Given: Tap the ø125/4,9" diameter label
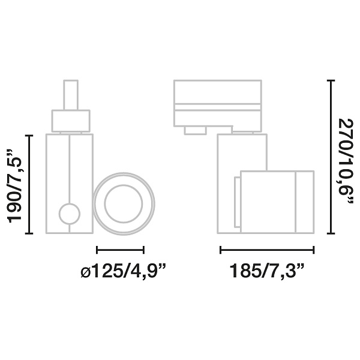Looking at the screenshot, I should (122, 272).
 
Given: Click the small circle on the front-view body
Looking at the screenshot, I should (69, 214).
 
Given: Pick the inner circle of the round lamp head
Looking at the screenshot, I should (124, 205).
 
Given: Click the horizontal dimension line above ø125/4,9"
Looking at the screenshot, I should (120, 250).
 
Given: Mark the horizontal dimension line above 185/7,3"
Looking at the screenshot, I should (267, 250).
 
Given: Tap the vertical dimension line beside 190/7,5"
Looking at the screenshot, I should (30, 185).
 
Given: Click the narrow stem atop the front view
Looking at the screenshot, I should (70, 95).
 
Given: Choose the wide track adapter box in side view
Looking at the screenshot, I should (217, 103).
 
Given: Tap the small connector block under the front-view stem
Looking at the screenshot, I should (70, 120).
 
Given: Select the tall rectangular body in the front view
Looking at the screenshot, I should (70, 184).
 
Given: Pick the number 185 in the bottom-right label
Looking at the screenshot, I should (247, 272).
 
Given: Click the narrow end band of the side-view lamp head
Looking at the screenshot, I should (305, 202).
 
